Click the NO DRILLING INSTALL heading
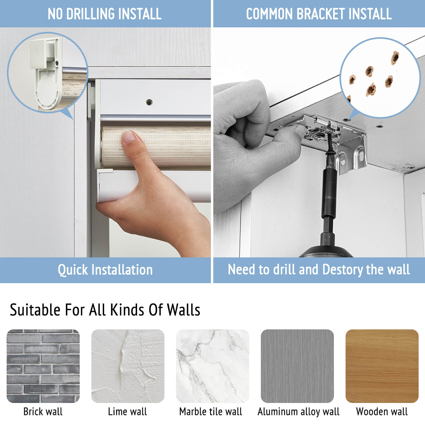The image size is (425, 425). (105, 14)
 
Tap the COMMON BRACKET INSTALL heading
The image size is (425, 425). (319, 14)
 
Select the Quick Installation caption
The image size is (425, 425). (105, 270)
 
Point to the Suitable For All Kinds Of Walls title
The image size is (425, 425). (105, 310)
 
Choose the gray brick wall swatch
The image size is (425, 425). (43, 366)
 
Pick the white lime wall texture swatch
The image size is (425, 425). (128, 366)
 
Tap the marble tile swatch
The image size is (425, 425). (212, 366)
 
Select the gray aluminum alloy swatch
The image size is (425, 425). (297, 366)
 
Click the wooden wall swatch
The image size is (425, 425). (382, 366)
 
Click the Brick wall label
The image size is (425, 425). (43, 411)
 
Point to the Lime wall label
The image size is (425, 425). (127, 411)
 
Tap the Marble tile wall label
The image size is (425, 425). (211, 411)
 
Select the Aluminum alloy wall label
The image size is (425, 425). (299, 412)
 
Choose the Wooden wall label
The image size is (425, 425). (382, 411)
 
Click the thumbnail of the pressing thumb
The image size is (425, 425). (129, 137)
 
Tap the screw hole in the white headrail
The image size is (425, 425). (149, 102)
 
